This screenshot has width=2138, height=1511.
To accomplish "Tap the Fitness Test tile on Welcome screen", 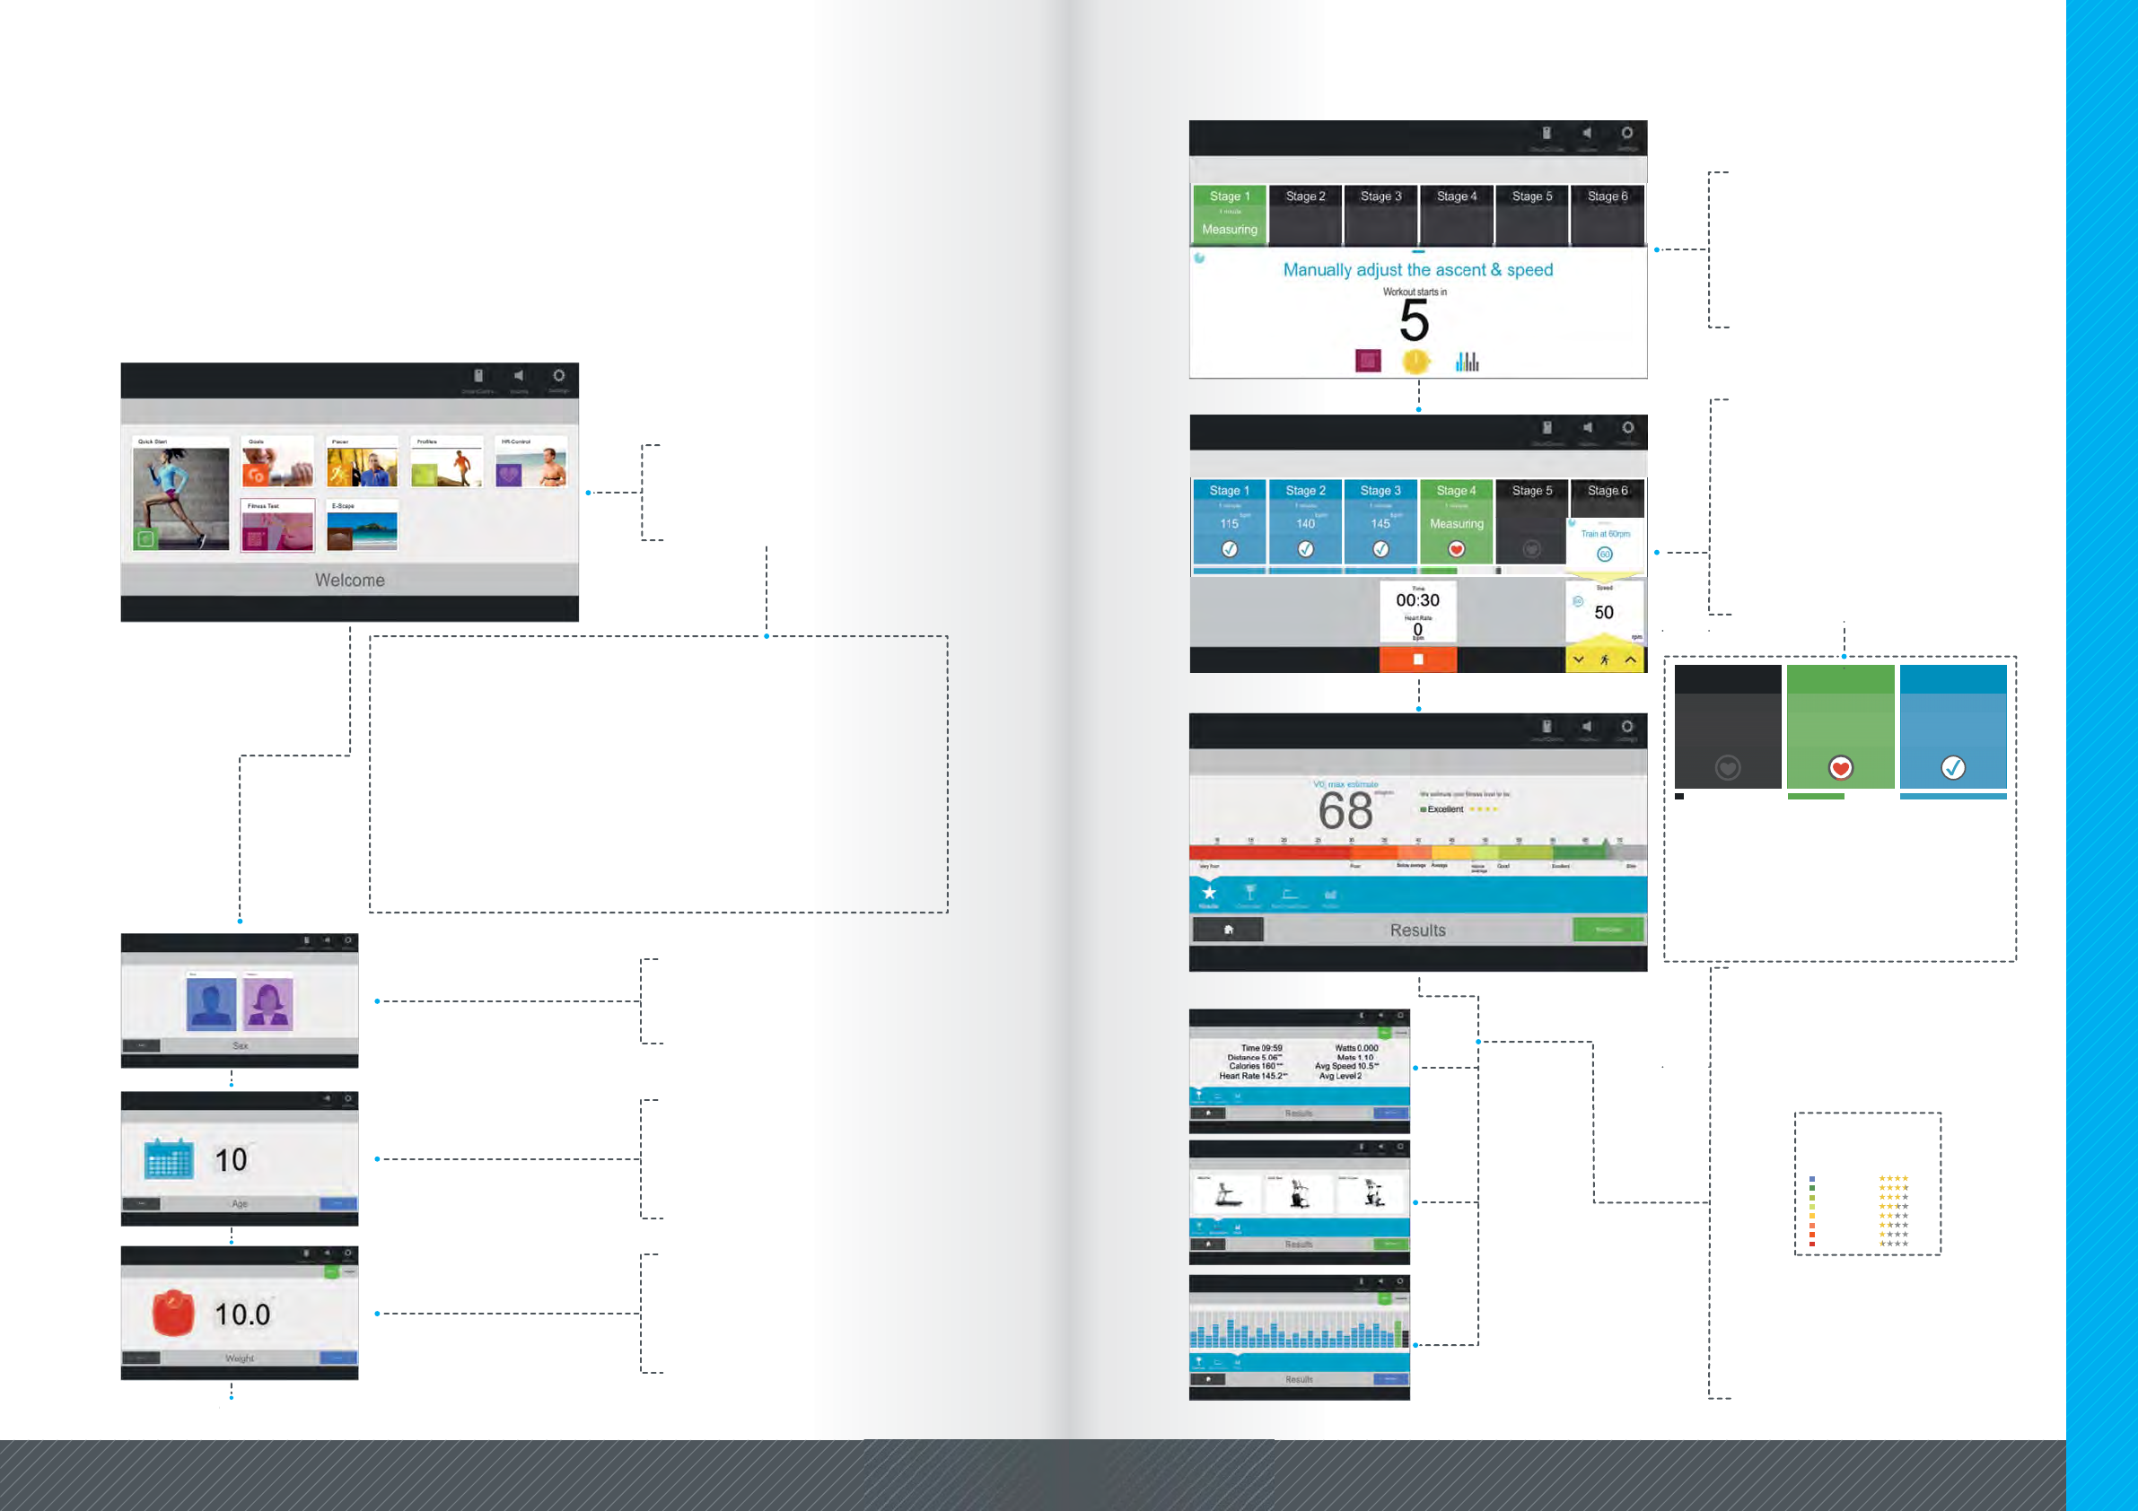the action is click(x=276, y=527).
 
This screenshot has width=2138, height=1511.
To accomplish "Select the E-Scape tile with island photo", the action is click(x=363, y=527).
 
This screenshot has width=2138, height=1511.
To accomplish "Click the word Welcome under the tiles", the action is click(x=349, y=580).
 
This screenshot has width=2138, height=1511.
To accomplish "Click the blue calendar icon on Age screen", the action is click(x=169, y=1159).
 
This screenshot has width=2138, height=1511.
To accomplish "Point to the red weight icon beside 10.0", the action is click(x=173, y=1313).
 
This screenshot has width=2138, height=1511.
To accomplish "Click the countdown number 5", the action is click(x=1414, y=322).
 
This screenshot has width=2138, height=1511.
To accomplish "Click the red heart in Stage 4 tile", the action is click(x=1457, y=549).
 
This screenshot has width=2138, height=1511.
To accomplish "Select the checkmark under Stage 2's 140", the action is click(x=1306, y=549).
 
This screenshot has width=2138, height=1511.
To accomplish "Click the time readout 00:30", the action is click(x=1417, y=600).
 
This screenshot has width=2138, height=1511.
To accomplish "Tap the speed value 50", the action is click(x=1603, y=613).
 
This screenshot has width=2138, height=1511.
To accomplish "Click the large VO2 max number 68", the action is click(x=1345, y=811).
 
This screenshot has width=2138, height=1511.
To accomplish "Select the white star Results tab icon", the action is click(x=1209, y=893).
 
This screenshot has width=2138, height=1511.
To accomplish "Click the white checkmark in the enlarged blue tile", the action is click(x=1953, y=767).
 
